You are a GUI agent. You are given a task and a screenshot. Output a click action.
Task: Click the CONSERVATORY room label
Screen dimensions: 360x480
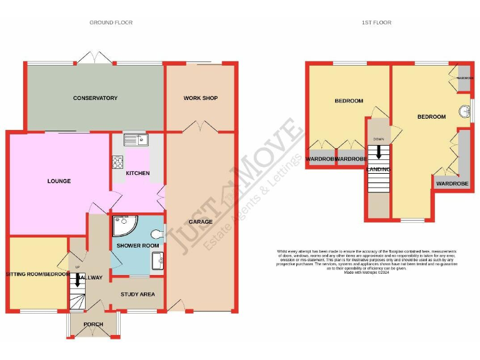(95, 98)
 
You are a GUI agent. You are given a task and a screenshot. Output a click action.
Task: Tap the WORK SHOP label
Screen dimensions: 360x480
(200, 98)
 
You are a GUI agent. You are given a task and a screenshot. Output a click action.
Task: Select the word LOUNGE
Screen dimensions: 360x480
(59, 181)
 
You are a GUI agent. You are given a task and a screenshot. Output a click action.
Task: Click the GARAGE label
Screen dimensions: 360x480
(200, 222)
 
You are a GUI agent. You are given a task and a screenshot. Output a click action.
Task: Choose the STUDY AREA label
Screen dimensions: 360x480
(138, 294)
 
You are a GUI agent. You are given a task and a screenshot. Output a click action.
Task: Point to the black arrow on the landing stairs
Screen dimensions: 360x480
(378, 152)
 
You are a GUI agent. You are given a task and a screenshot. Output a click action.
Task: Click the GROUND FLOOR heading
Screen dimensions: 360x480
(111, 22)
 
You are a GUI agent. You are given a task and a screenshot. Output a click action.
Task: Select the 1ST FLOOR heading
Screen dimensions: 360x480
(375, 22)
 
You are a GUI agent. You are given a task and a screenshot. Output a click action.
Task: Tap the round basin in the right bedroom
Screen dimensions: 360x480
(464, 111)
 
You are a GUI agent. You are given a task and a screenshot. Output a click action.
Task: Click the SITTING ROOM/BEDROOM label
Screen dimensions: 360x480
(36, 274)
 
